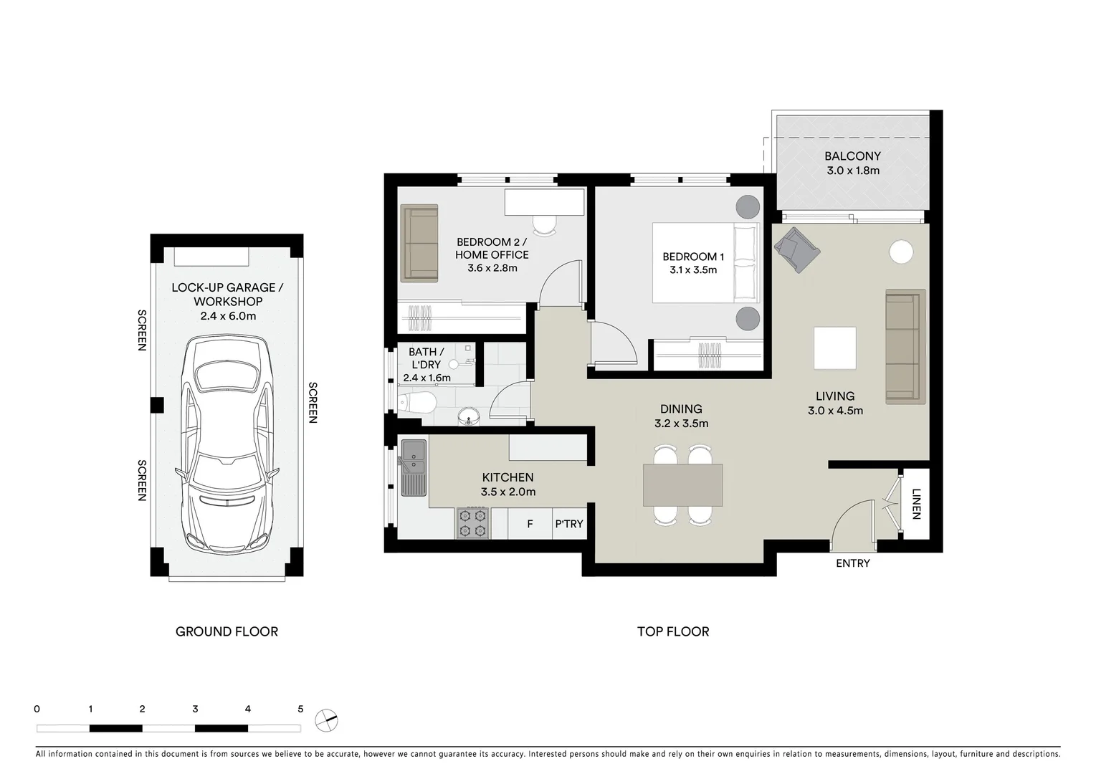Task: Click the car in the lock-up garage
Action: [x=227, y=444]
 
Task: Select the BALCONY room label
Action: [x=852, y=156]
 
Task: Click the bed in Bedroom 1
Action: [x=705, y=263]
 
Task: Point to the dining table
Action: [x=682, y=485]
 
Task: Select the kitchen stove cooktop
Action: [x=472, y=523]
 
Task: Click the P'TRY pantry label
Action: [x=569, y=524]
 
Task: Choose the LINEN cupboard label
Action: [x=916, y=503]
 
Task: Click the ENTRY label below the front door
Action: [x=852, y=563]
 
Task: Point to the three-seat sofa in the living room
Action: [x=905, y=346]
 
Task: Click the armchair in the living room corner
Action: [x=796, y=249]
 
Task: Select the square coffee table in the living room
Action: [x=834, y=348]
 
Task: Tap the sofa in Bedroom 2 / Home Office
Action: [x=419, y=243]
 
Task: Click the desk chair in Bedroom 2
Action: [x=545, y=224]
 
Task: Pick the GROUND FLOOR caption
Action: [x=227, y=631]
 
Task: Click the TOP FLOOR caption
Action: [x=673, y=631]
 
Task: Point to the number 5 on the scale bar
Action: [x=300, y=709]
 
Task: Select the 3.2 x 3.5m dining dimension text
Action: [x=681, y=424]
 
